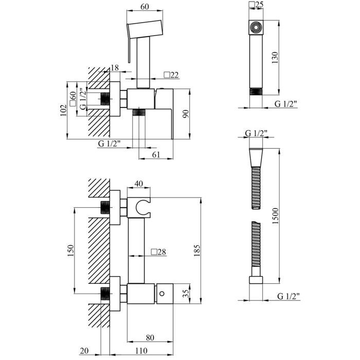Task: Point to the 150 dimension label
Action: pyautogui.click(x=71, y=249)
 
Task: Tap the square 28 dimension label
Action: pyautogui.click(x=158, y=252)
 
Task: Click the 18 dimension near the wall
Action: pyautogui.click(x=115, y=68)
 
